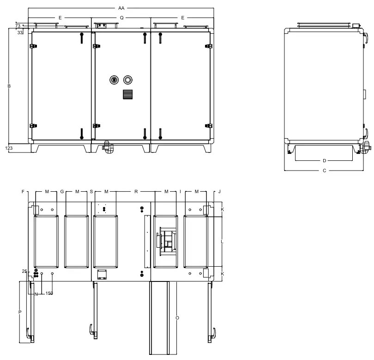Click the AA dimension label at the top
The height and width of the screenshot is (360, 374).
121,8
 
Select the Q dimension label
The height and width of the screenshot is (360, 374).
121,18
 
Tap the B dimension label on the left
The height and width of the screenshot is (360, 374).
9,86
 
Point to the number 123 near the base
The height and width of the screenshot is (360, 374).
9,148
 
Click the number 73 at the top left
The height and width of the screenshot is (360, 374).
18,26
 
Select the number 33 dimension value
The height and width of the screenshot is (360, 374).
20,33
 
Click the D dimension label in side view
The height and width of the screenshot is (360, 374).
324,161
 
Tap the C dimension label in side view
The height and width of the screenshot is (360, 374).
324,171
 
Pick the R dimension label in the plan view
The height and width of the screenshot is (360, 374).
136,191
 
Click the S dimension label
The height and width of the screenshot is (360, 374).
91,191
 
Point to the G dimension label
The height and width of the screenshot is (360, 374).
61,191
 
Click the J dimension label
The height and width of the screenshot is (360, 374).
220,191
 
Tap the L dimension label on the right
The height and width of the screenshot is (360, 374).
223,242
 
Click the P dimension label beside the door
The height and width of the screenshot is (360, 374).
19,312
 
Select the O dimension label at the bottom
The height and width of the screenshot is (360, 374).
177,318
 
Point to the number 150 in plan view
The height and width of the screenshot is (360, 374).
49,293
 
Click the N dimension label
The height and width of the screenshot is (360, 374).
36,293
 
